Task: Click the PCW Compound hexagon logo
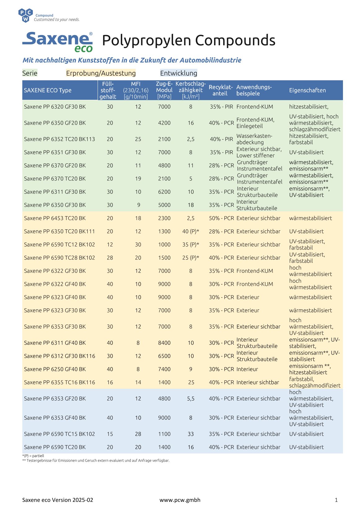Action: (25, 15)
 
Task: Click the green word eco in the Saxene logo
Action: (84, 49)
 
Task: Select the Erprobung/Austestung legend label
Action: (101, 73)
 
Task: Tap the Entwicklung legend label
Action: (178, 73)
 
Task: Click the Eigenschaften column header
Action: (307, 90)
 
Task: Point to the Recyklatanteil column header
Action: (220, 90)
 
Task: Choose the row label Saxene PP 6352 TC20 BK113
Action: (59, 139)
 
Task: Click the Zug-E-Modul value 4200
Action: (164, 123)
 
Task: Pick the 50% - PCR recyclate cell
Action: (221, 218)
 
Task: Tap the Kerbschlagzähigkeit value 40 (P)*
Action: (191, 232)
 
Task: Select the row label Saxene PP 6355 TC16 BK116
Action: (59, 383)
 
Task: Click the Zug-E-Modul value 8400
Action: (164, 343)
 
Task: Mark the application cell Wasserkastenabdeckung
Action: (254, 139)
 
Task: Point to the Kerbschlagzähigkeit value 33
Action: (191, 434)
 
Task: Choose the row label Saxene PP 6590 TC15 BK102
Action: (59, 434)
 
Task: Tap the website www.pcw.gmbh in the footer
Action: (180, 500)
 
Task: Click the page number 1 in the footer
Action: (336, 500)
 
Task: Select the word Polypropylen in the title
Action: (146, 41)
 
